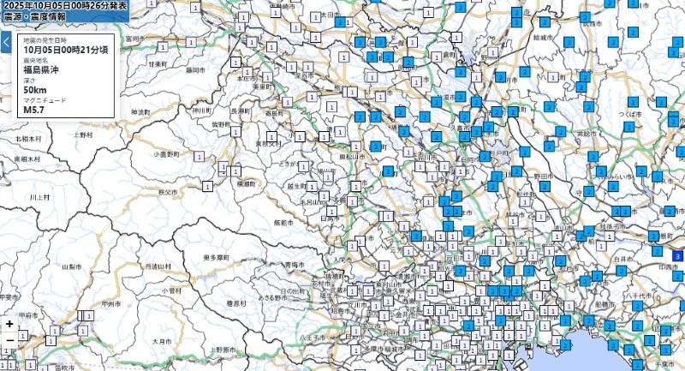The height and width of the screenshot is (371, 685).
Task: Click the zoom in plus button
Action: tap(9, 324)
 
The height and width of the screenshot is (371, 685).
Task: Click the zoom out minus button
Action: tap(9, 340)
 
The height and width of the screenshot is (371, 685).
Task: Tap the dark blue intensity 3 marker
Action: tap(677, 256)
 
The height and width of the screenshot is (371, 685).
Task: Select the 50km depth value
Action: tap(35, 90)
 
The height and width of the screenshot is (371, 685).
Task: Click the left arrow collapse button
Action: tap(6, 42)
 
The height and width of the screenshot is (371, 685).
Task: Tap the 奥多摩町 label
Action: tap(215, 257)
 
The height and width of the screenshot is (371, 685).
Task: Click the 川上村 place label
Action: tap(39, 197)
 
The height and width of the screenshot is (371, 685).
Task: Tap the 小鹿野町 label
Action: tap(167, 154)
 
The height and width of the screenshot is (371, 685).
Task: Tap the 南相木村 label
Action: tap(28, 159)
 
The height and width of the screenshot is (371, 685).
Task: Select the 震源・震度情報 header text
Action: tap(35, 16)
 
